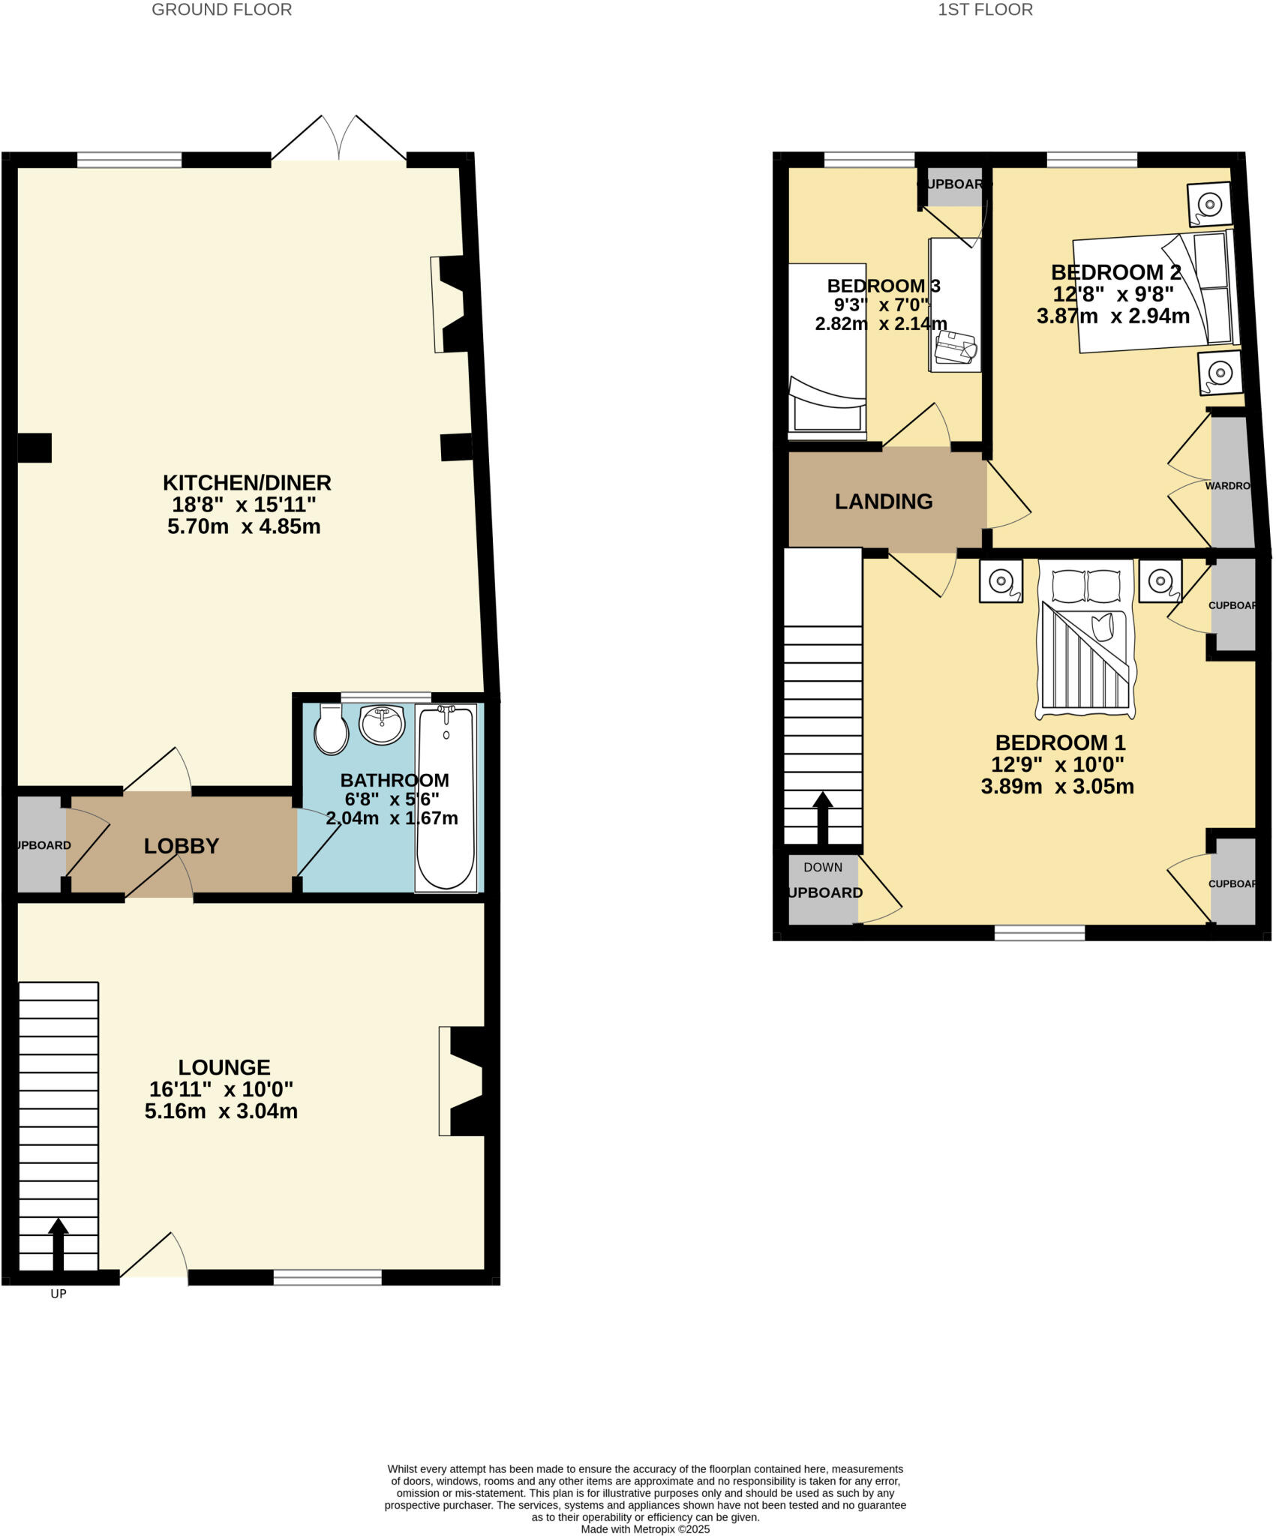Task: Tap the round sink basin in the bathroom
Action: click(383, 724)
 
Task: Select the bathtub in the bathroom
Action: click(446, 798)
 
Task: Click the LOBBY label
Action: click(182, 846)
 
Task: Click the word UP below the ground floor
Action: click(59, 1294)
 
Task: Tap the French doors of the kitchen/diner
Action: click(339, 139)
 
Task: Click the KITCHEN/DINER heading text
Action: click(247, 482)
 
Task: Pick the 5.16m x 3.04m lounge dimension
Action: click(221, 1111)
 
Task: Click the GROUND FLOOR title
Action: click(221, 10)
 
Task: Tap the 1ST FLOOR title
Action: click(985, 10)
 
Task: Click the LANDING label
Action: click(884, 502)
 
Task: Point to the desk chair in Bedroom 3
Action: click(956, 348)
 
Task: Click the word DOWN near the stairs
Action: click(823, 867)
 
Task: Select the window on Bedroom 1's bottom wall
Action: click(1039, 933)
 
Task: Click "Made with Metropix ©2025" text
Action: click(645, 1529)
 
